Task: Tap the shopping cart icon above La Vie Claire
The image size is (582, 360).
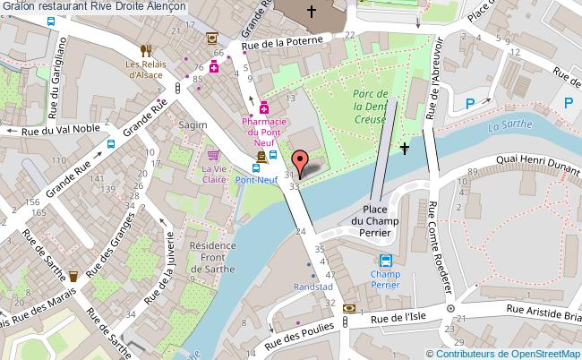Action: (x=213, y=155)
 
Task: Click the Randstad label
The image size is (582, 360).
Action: (x=312, y=287)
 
